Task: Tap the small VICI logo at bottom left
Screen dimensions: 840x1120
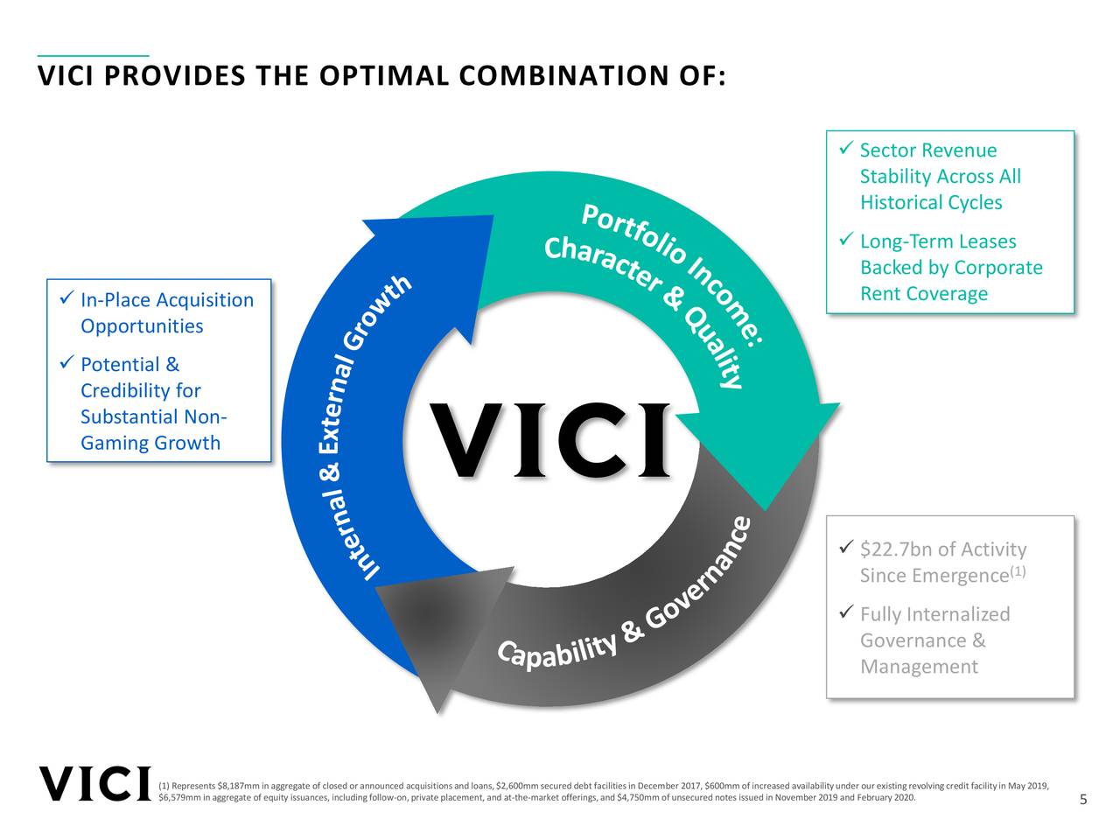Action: (94, 784)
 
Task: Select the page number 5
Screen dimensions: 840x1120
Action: (1083, 800)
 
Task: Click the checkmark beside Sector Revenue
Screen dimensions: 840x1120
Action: (845, 150)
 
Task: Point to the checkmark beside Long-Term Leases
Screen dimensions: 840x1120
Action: (845, 240)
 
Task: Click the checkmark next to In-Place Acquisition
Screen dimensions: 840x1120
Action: (66, 299)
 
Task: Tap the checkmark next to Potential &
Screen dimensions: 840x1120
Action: (66, 363)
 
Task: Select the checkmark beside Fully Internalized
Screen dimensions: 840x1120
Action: (845, 612)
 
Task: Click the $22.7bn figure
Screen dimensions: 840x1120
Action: (895, 549)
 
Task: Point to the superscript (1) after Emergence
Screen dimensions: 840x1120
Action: (1018, 572)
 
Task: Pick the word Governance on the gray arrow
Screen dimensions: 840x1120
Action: (700, 577)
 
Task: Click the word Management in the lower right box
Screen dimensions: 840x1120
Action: (919, 667)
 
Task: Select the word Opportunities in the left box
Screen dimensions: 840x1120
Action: (142, 326)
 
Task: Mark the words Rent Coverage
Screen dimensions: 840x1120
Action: (924, 294)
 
